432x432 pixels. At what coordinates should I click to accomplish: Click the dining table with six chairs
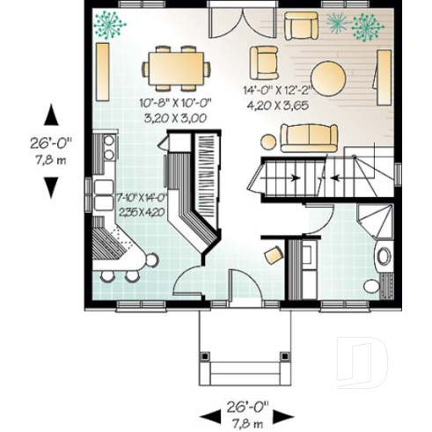coord(179,69)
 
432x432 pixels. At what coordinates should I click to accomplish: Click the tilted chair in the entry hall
coord(275,253)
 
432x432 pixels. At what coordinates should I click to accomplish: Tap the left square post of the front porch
coord(204,357)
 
